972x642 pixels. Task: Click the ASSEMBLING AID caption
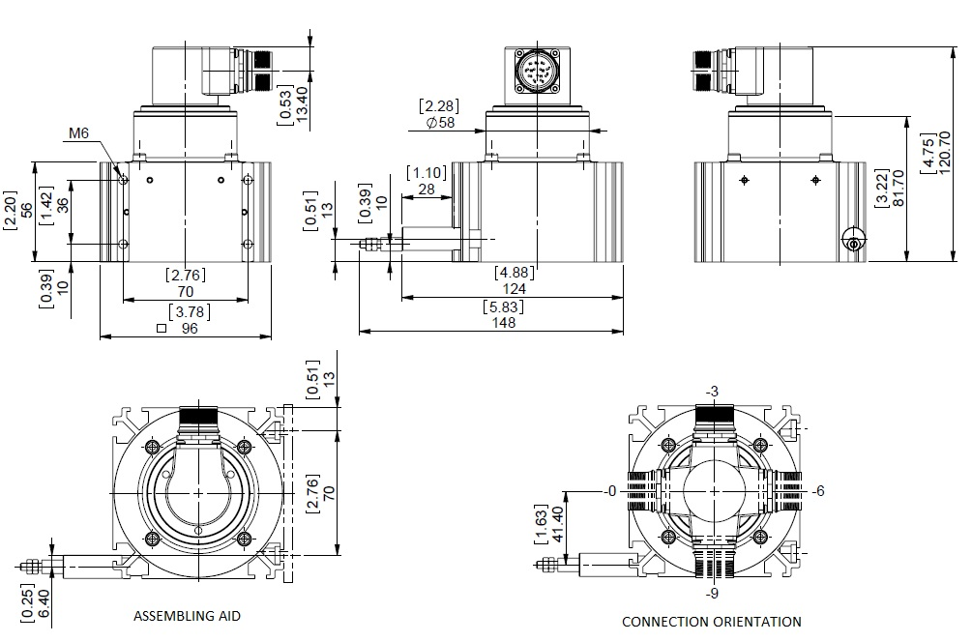(x=186, y=615)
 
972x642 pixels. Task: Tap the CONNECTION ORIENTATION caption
(x=711, y=622)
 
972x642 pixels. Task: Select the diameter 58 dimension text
(x=440, y=123)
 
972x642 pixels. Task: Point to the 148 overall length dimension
(x=503, y=323)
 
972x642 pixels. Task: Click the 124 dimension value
(x=515, y=288)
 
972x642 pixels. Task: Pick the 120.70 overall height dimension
(x=945, y=154)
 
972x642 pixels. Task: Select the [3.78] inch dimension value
(x=187, y=311)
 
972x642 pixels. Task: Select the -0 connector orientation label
(x=608, y=491)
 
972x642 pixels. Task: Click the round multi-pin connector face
(x=535, y=73)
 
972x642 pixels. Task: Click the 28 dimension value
(x=427, y=190)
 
